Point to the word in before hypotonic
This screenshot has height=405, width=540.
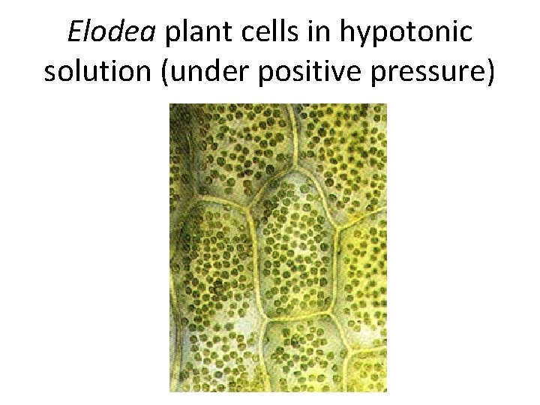323,32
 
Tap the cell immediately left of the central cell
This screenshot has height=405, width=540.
217,262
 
